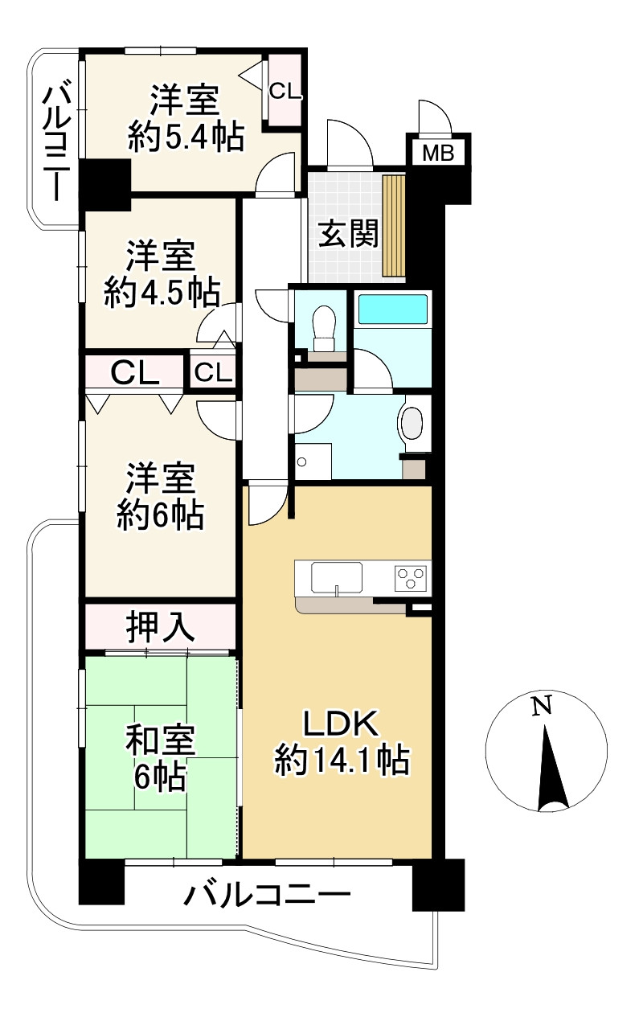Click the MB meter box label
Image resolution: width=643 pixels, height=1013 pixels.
439,154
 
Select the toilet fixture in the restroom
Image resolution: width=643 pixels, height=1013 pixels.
323,326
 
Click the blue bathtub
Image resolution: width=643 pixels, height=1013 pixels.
392,310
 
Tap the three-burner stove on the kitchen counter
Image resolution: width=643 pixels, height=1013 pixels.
411,576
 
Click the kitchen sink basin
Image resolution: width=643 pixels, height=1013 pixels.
337,576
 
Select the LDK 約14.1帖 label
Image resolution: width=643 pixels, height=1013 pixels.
342,744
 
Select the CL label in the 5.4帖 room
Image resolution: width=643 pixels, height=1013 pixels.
285,91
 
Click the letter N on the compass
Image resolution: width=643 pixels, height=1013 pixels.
543,707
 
